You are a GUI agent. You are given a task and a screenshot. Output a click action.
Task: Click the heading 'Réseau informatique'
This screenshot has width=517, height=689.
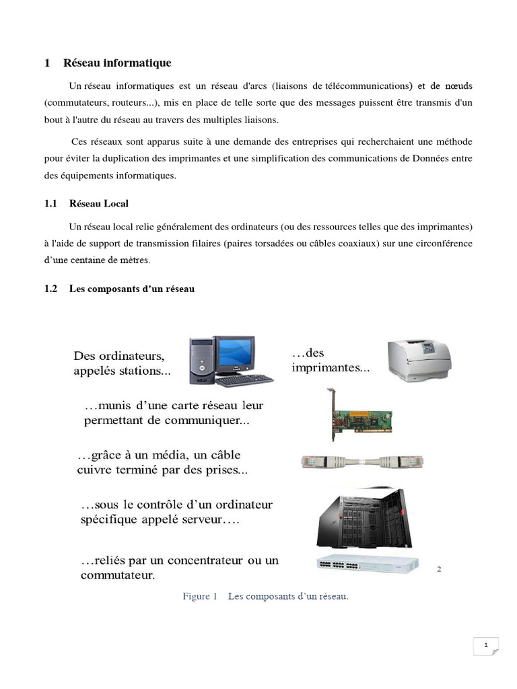[x=117, y=63]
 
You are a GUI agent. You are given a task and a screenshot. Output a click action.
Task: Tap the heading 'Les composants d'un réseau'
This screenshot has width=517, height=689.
[x=131, y=289]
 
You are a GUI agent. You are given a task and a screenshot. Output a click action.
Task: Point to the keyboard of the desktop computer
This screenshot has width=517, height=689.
[x=245, y=380]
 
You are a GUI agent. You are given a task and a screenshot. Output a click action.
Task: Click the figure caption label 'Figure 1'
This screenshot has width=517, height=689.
[x=199, y=596]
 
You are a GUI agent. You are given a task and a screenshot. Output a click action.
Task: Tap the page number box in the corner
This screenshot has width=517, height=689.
[x=485, y=646]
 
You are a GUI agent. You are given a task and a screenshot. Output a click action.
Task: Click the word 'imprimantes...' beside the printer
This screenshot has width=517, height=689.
[x=331, y=368]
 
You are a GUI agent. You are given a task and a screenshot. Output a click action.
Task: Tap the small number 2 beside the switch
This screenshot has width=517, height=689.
[x=439, y=569]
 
